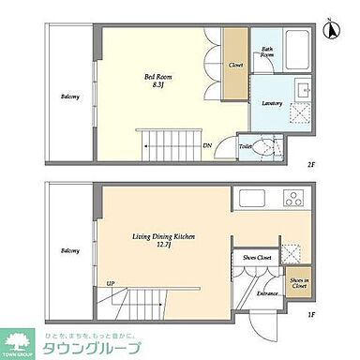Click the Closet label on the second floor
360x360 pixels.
[236, 65]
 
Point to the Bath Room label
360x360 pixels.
[267, 53]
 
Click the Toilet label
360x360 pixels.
[245, 146]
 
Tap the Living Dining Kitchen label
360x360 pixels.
[163, 238]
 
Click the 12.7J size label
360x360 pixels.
[163, 247]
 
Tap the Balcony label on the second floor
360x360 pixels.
[69, 97]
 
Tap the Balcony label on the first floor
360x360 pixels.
[70, 250]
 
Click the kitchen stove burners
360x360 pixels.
[292, 198]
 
